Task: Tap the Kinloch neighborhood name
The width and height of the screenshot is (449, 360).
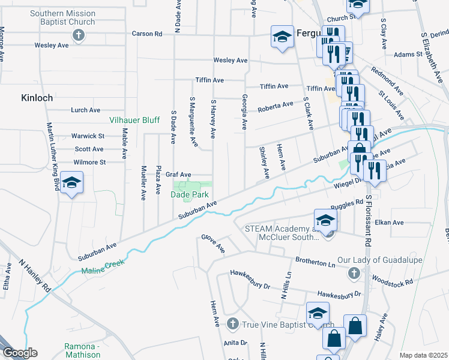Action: [37, 97]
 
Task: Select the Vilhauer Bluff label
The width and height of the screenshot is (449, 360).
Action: [134, 120]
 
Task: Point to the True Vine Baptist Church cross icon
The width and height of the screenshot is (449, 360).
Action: [234, 324]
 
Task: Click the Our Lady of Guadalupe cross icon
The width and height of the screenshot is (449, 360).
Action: [354, 274]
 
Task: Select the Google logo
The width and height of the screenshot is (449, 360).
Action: [20, 353]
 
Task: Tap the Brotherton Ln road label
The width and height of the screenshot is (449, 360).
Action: [315, 263]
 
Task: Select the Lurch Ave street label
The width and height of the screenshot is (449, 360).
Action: [85, 110]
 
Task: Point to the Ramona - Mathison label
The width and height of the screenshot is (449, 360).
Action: [82, 350]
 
